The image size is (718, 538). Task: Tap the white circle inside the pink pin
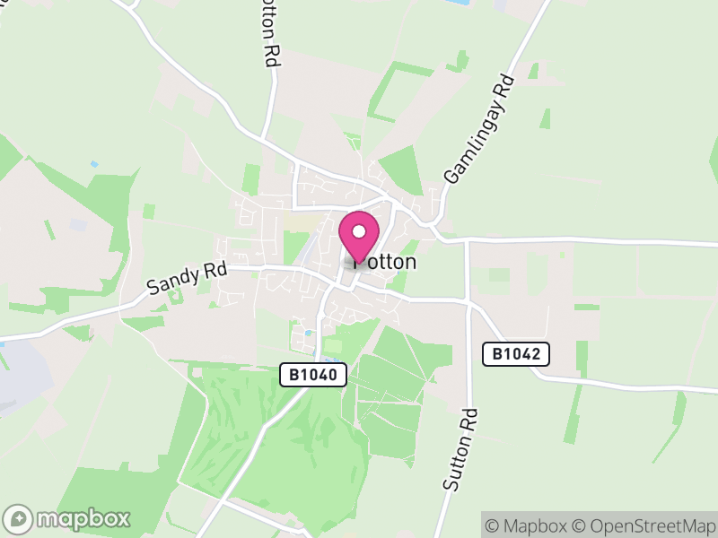pyautogui.click(x=359, y=232)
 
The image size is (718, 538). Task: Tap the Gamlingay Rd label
pyautogui.click(x=478, y=131)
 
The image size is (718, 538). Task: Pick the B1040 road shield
pyautogui.click(x=313, y=375)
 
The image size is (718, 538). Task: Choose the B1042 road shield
pyautogui.click(x=516, y=353)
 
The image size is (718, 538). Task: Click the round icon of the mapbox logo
pyautogui.click(x=19, y=519)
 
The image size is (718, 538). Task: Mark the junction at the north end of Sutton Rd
pyautogui.click(x=468, y=241)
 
